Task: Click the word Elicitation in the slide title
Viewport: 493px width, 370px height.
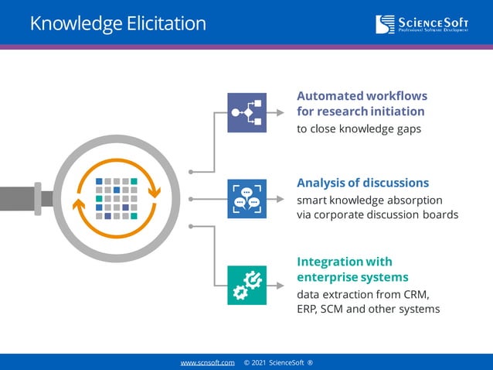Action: coord(163,23)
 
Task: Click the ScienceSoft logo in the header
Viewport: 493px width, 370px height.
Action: coord(423,24)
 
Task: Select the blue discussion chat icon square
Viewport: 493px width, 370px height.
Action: coord(246,199)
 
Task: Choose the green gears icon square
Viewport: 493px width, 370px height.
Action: coord(246,285)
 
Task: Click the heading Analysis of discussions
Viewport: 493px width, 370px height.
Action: coord(362,183)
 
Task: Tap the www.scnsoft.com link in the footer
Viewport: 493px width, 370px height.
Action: coord(207,362)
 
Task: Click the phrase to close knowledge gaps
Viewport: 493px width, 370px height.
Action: coord(359,129)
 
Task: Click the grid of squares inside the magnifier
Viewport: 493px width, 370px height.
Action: coord(116,199)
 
